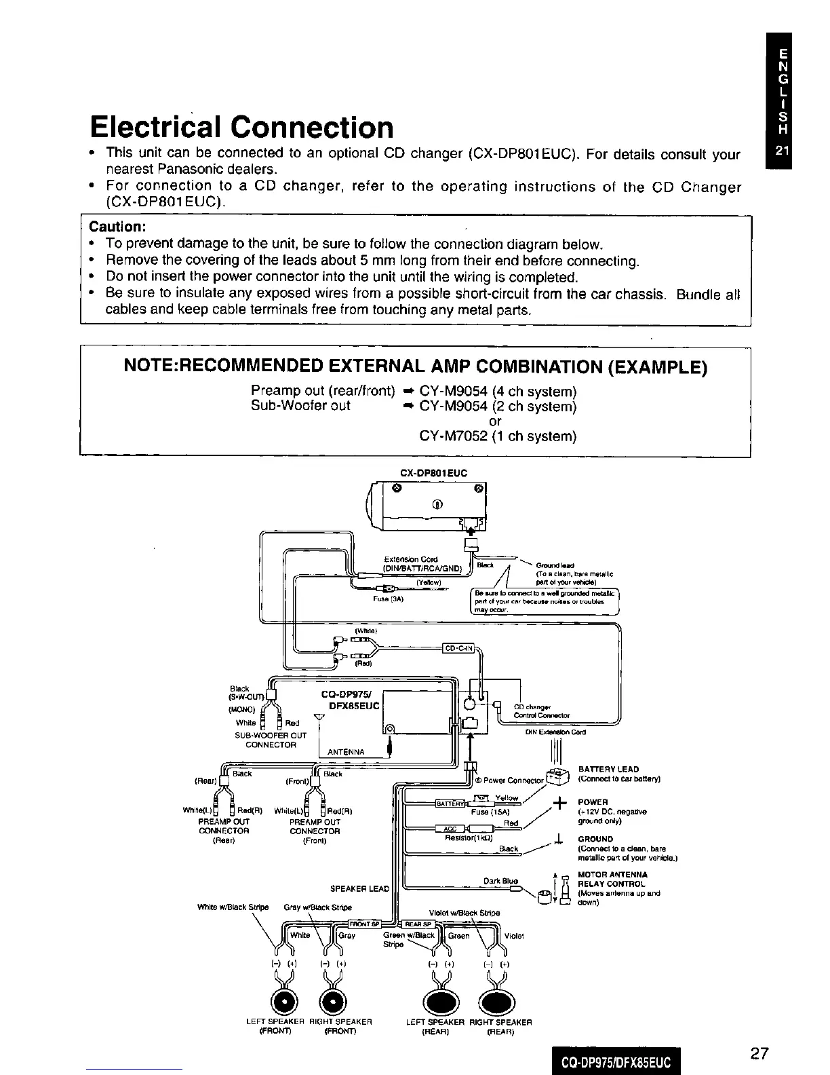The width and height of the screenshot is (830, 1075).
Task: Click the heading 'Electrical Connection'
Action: [x=241, y=128]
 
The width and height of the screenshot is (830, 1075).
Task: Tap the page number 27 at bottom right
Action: [x=759, y=1053]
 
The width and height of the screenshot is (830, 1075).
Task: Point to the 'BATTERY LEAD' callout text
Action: [x=608, y=769]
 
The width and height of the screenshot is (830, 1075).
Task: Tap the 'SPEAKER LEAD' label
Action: [x=359, y=888]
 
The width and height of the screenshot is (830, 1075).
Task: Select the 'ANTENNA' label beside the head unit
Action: [x=346, y=752]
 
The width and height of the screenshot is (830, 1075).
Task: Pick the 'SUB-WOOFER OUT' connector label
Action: [x=270, y=735]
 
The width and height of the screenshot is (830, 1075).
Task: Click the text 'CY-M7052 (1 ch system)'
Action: [x=498, y=436]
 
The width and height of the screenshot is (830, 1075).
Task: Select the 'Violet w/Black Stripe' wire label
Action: [x=465, y=912]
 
